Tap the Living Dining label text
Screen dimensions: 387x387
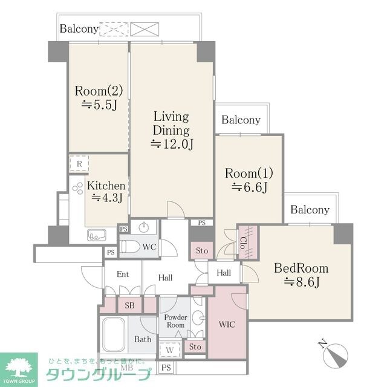pyautogui.click(x=171, y=123)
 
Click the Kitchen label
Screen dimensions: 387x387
pyautogui.click(x=106, y=186)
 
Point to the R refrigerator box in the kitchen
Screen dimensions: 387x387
pyautogui.click(x=79, y=163)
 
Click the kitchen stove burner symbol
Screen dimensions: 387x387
pyautogui.click(x=77, y=189)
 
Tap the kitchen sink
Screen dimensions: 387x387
pyautogui.click(x=97, y=235)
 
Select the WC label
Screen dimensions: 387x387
pyautogui.click(x=149, y=248)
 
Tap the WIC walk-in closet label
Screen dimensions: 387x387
pyautogui.click(x=227, y=324)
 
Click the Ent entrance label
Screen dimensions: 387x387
pyautogui.click(x=123, y=275)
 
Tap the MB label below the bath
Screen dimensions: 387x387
pyautogui.click(x=127, y=367)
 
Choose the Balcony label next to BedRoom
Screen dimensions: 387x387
pyautogui.click(x=310, y=210)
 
